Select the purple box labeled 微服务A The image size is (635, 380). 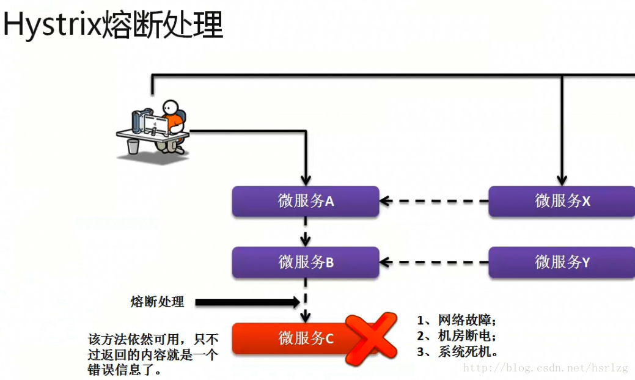click(306, 201)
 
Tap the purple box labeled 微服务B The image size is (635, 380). click(306, 263)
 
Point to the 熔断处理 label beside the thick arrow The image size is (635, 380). click(157, 302)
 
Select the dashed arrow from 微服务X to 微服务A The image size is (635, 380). click(434, 200)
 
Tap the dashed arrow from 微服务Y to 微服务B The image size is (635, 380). click(434, 263)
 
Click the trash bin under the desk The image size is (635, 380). click(133, 147)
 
